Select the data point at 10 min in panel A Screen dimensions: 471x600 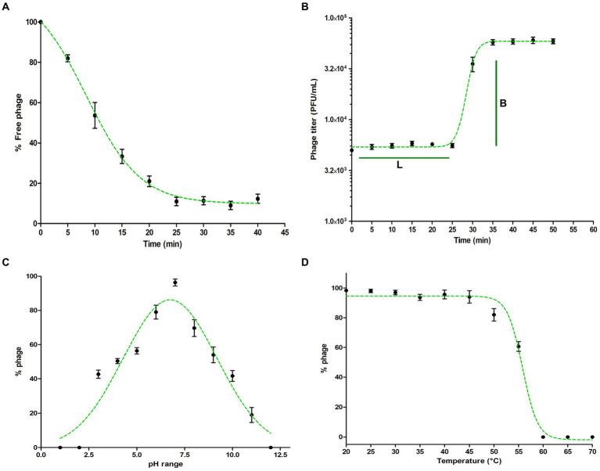(x=95, y=115)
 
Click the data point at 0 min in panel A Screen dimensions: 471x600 (x=41, y=22)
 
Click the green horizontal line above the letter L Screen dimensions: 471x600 (x=404, y=158)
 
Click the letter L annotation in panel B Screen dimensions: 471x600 (x=399, y=167)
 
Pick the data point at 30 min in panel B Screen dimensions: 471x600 (x=472, y=63)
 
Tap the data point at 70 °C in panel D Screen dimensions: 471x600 (x=592, y=437)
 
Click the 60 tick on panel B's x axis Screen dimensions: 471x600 (x=593, y=232)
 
